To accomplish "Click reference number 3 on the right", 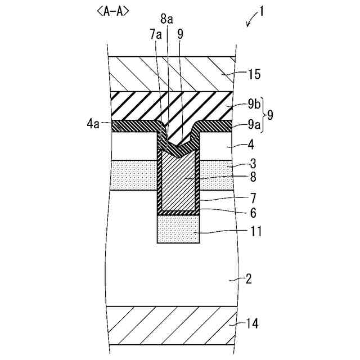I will pos(253,165).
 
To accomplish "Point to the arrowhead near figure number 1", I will pos(248,25).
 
